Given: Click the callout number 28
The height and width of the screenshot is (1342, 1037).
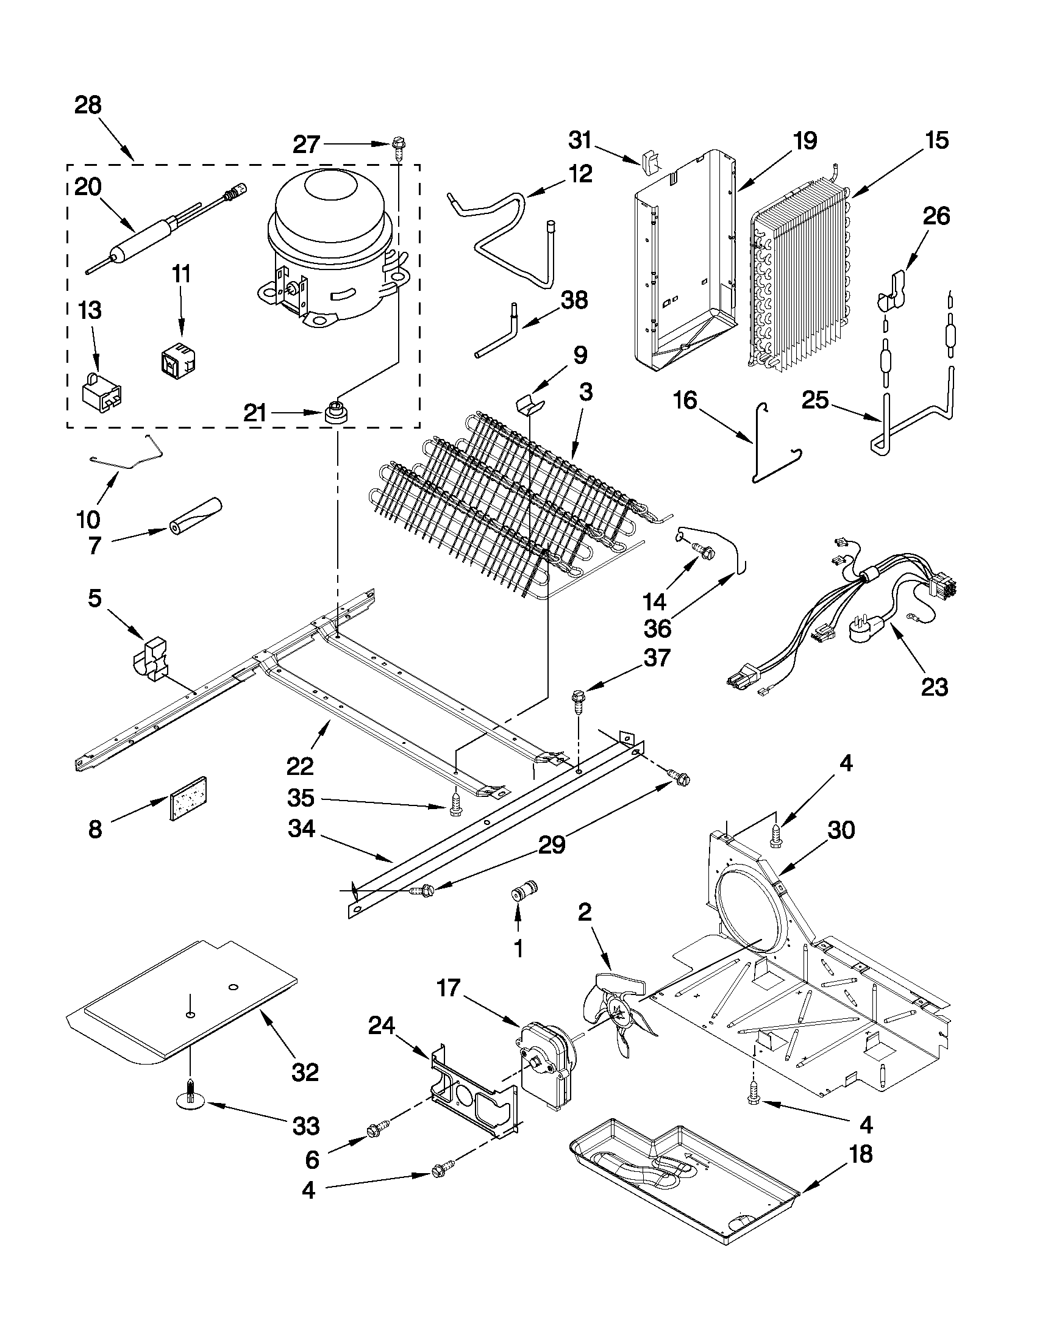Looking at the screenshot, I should pyautogui.click(x=88, y=105).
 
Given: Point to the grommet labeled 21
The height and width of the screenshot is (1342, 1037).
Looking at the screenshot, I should pyautogui.click(x=335, y=411).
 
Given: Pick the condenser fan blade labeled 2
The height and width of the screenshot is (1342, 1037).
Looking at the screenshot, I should pyautogui.click(x=615, y=1008).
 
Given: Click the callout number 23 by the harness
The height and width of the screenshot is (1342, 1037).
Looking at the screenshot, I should pyautogui.click(x=934, y=687).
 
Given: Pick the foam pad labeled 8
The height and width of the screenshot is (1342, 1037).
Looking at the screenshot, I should pyautogui.click(x=188, y=798).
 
